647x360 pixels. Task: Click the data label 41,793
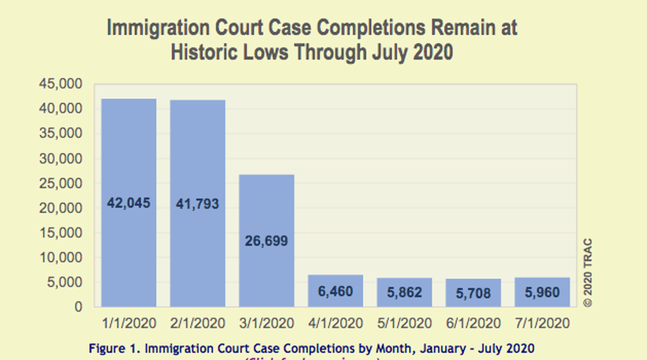pyautogui.click(x=198, y=203)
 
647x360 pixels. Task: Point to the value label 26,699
pyautogui.click(x=266, y=241)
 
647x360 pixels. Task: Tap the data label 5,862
pyautogui.click(x=404, y=293)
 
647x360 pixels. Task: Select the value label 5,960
pyautogui.click(x=542, y=293)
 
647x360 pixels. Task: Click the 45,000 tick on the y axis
pyautogui.click(x=61, y=84)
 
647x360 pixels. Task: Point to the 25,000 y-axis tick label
pyautogui.click(x=61, y=183)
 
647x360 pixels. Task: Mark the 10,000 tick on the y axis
pyautogui.click(x=61, y=258)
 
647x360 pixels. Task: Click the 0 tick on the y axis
pyautogui.click(x=78, y=307)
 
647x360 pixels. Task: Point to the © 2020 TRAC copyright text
pyautogui.click(x=588, y=273)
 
